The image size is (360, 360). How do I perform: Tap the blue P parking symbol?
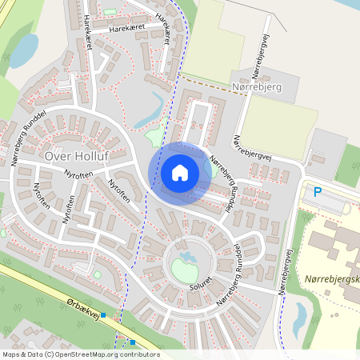tap(318, 192)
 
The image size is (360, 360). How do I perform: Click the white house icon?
tap(180, 173)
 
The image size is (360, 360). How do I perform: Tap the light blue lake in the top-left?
tap(24, 50)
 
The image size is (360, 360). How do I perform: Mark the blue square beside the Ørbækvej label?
tap(103, 315)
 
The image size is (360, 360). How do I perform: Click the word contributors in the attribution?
tap(137, 354)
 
